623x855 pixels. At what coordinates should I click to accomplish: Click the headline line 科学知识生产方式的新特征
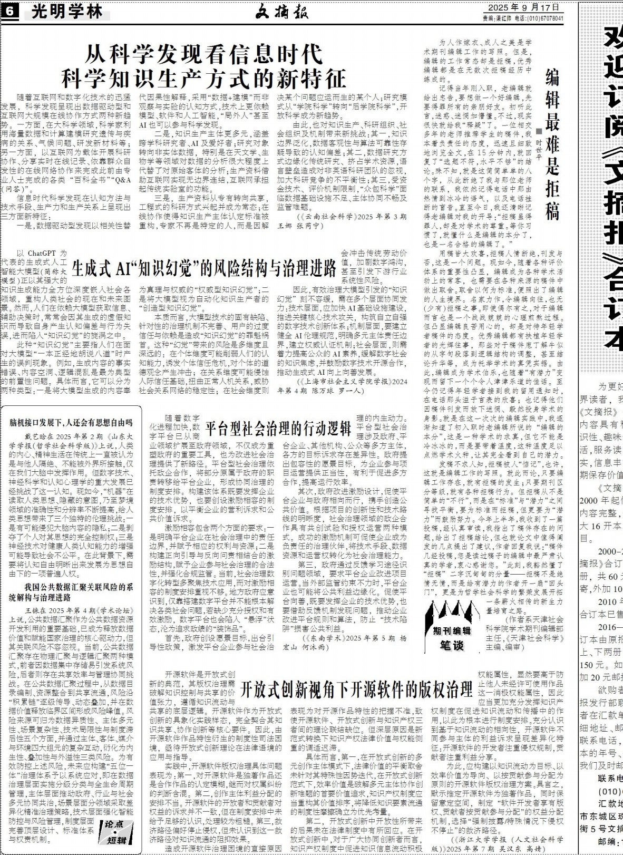pos(203,78)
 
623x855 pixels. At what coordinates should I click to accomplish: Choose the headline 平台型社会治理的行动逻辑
pos(278,426)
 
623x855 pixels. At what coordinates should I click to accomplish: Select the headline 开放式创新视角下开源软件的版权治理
pos(356,688)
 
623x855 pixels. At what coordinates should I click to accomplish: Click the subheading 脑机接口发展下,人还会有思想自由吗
pos(71,423)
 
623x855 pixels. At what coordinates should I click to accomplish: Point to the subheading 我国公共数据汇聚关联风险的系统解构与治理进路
pos(71,592)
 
